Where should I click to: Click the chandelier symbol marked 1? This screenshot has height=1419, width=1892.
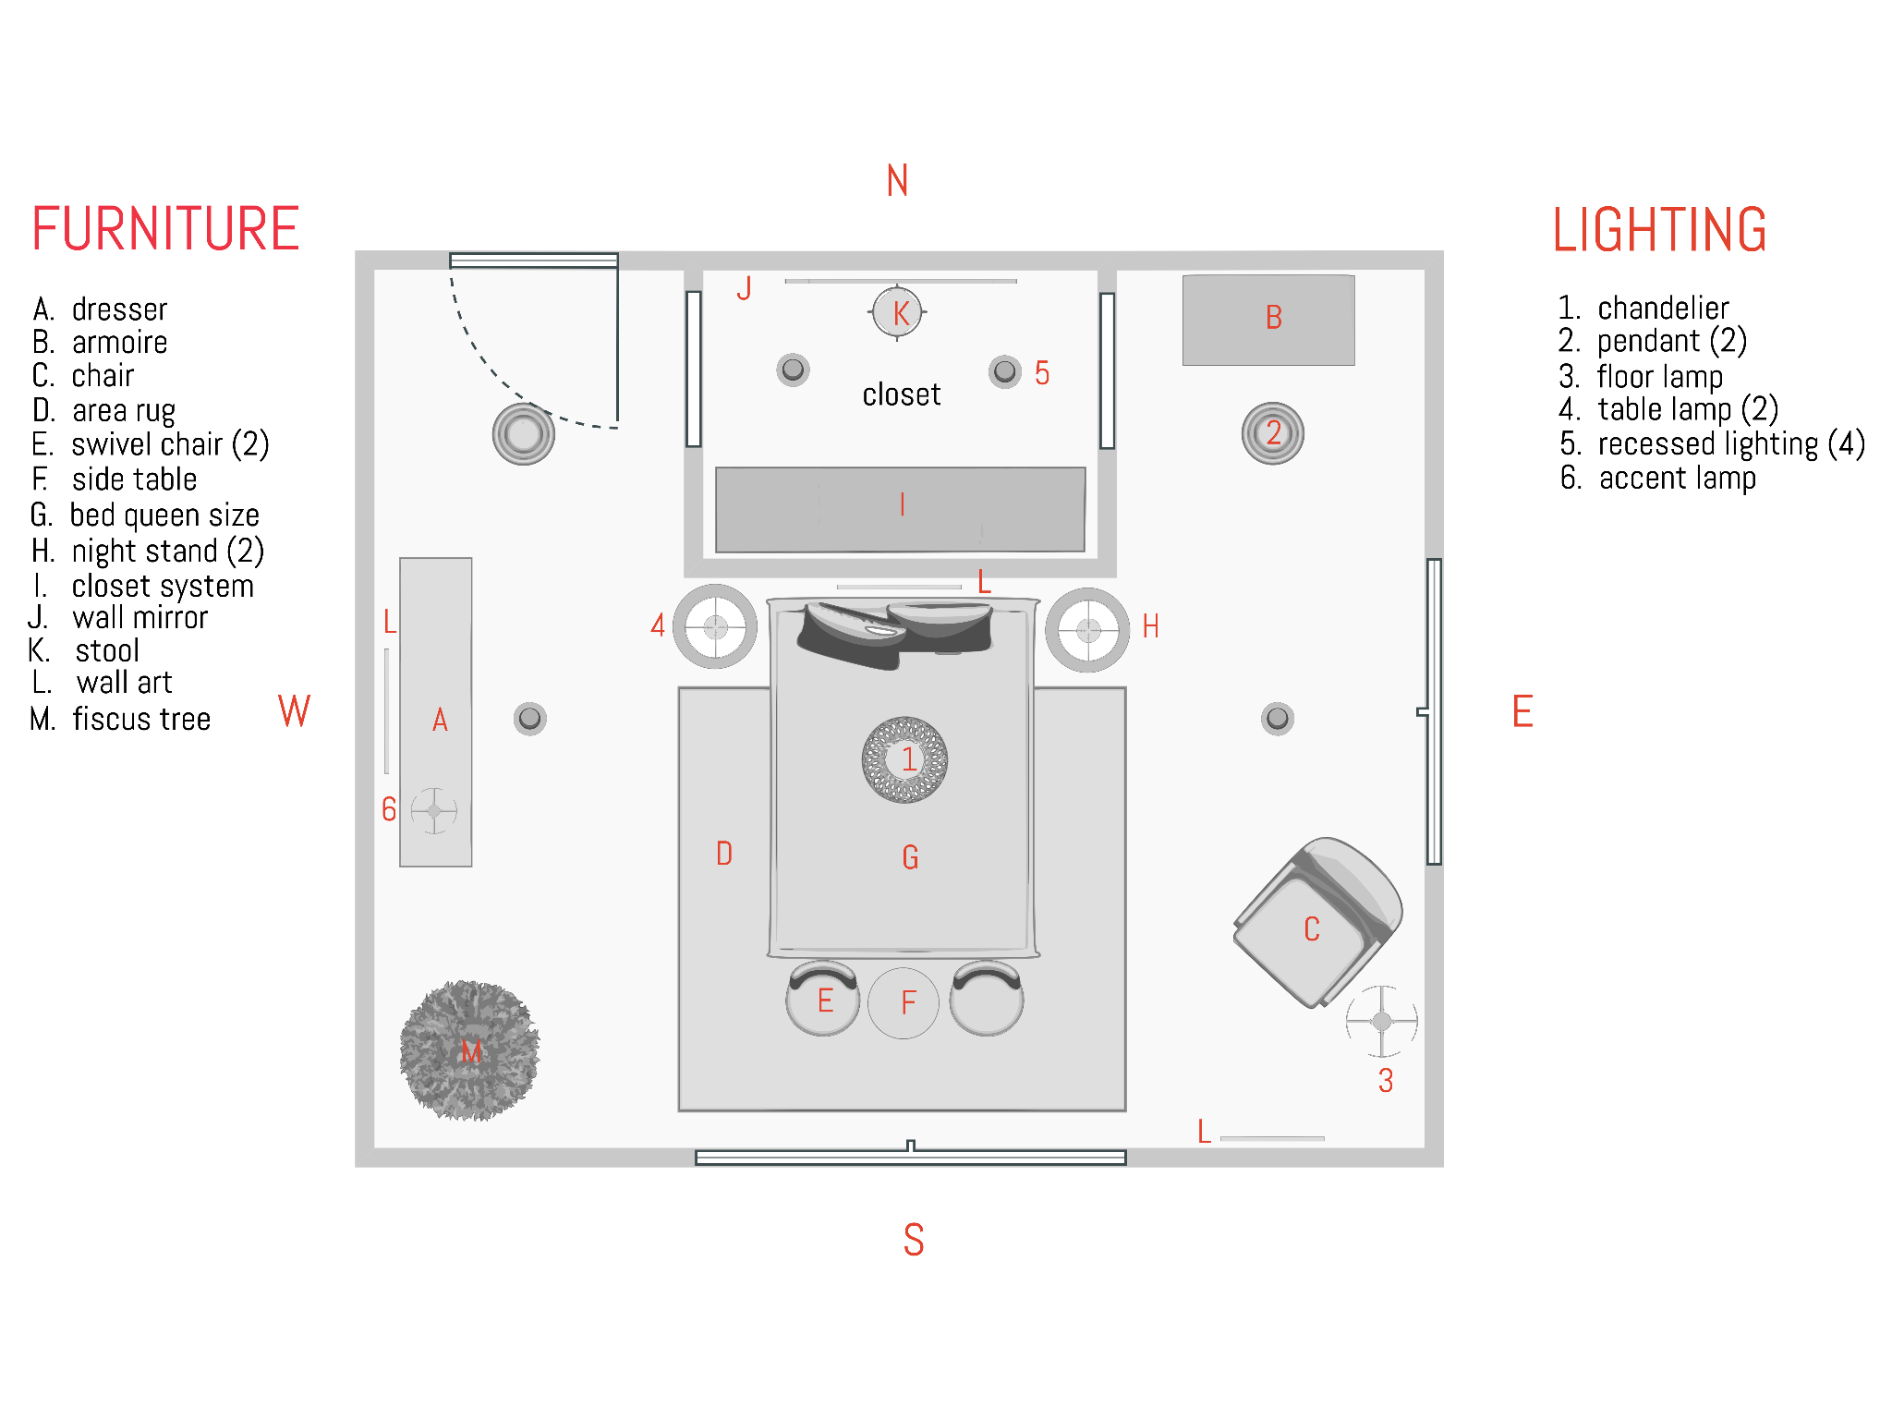point(904,759)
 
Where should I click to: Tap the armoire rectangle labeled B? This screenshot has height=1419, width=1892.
point(1268,320)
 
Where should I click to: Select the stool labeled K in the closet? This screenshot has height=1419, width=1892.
point(897,313)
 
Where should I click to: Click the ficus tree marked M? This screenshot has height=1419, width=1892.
point(469,1050)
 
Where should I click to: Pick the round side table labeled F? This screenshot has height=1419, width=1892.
point(904,1003)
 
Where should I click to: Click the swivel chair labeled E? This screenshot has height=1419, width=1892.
point(822,999)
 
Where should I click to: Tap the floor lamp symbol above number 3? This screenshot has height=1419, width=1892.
point(1381,1021)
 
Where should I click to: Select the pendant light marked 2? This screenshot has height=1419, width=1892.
point(1273,433)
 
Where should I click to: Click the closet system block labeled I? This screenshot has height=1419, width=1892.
point(900,509)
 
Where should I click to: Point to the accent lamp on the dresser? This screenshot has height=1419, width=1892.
point(433,810)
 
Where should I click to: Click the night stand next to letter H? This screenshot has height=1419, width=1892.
point(1087,630)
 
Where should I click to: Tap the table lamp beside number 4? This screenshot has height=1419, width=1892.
point(715,627)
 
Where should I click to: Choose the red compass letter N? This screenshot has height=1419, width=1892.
point(897,181)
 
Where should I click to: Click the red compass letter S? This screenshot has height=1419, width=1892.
point(913,1240)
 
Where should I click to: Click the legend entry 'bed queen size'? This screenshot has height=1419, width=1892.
point(164,515)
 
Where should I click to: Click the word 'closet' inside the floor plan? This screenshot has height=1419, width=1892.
point(901,394)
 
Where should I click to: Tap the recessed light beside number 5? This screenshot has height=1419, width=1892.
point(1004,372)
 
